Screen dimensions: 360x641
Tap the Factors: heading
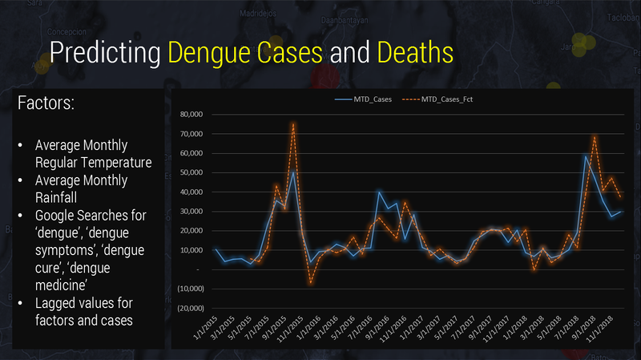click(55, 104)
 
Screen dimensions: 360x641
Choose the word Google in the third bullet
click(54, 216)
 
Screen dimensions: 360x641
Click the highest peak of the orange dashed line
click(293, 123)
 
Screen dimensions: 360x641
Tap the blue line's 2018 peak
click(586, 156)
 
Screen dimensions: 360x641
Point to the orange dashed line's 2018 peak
click(595, 137)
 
